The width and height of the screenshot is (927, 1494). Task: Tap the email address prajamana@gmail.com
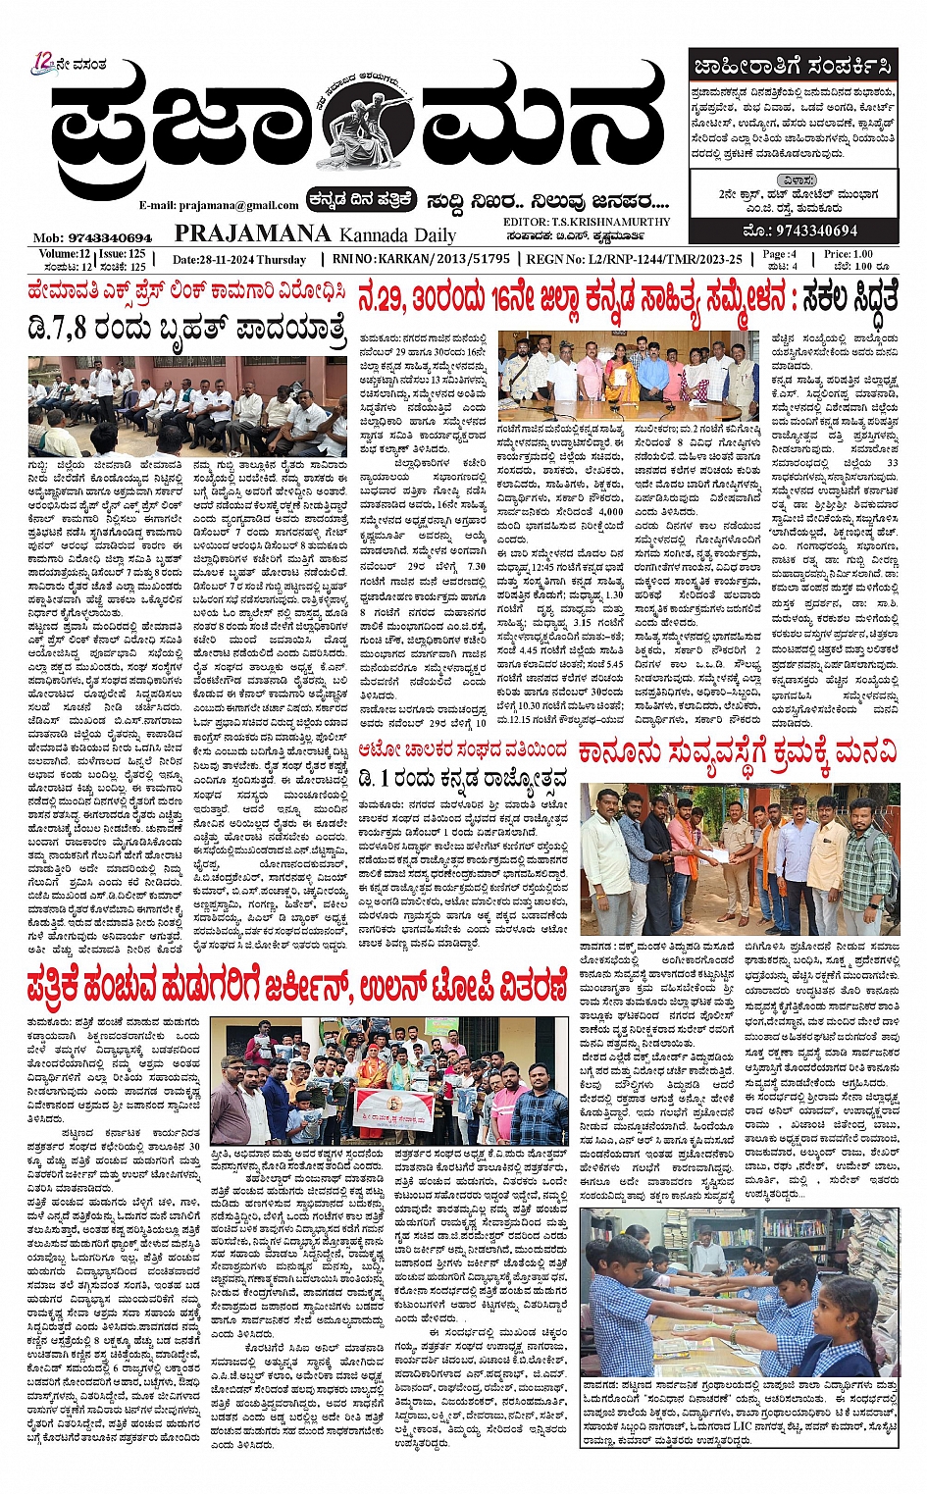tap(219, 205)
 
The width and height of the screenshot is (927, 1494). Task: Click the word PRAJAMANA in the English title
tap(252, 232)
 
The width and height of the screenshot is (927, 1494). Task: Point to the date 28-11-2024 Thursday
tap(239, 260)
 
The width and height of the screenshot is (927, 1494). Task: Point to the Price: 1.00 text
tap(848, 254)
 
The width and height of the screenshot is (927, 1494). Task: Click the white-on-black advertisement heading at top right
tap(792, 67)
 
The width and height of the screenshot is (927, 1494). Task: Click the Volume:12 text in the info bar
tap(59, 254)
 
